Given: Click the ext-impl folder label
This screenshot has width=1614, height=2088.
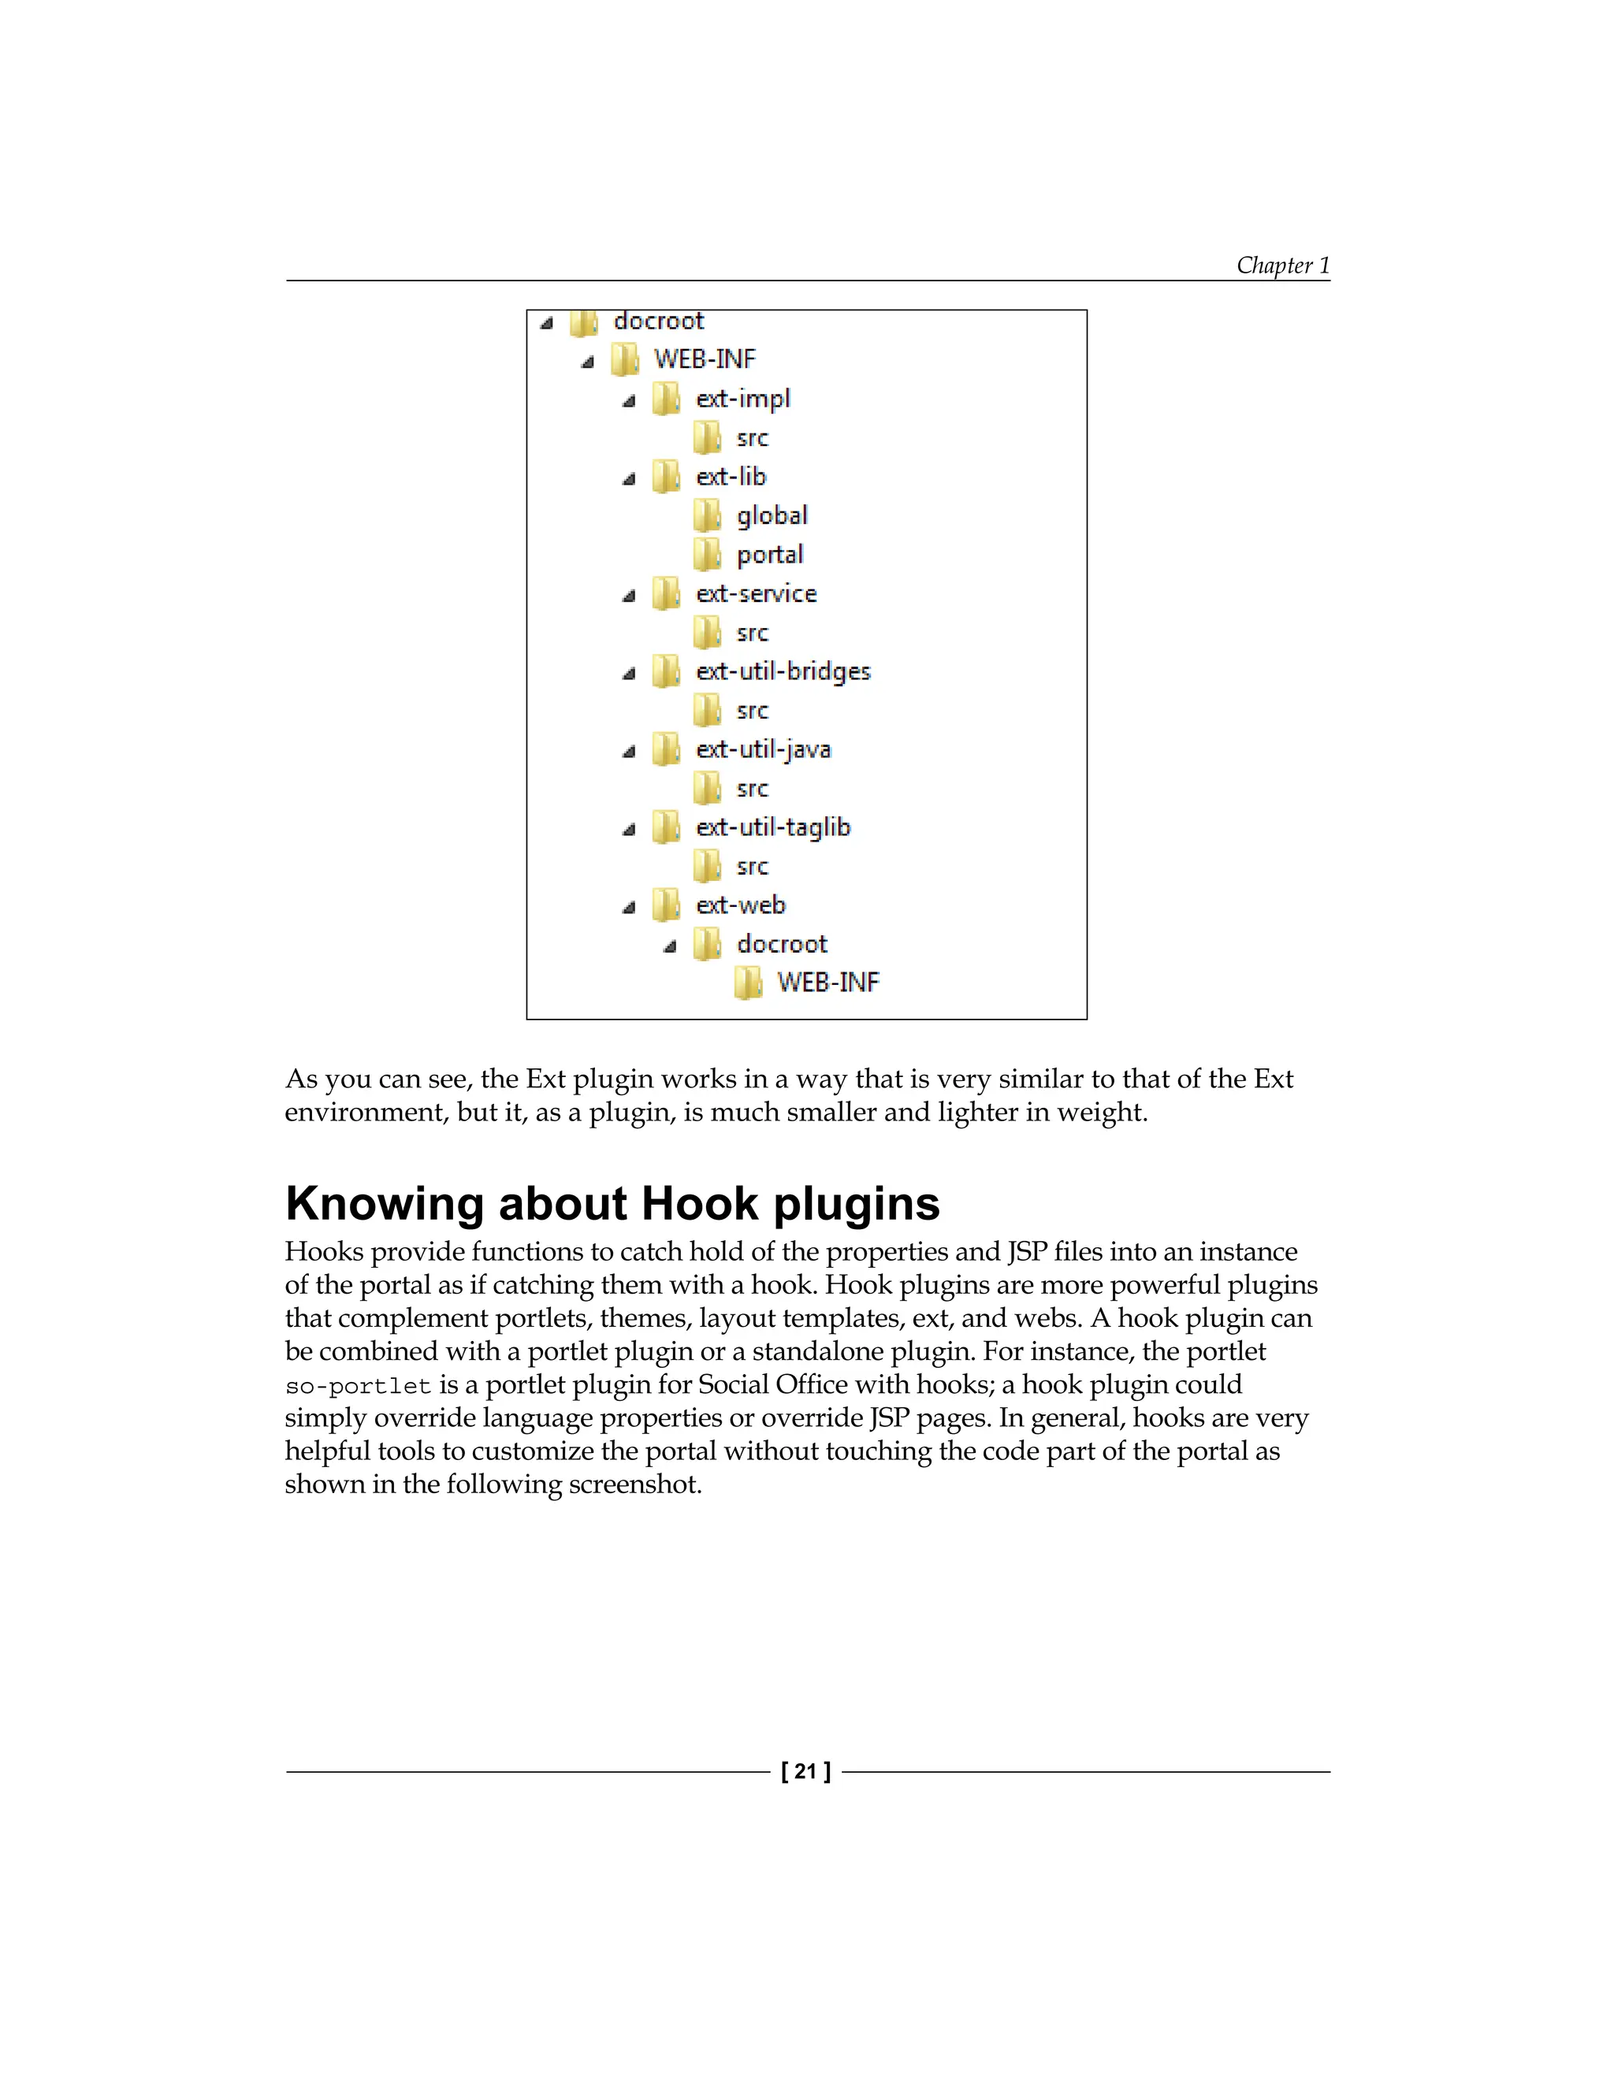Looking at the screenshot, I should point(743,399).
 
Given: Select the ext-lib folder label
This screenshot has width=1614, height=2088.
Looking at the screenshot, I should point(731,476).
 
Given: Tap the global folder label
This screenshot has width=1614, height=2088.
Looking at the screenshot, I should point(772,516).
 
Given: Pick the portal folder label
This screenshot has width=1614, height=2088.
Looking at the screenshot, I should point(770,555).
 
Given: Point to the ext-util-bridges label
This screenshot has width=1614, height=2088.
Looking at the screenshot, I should point(783,671).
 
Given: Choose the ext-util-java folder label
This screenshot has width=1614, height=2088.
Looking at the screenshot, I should point(763,749).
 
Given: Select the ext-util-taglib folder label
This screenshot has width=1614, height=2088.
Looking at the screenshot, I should point(772,827).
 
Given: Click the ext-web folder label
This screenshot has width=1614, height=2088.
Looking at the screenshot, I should point(740,905).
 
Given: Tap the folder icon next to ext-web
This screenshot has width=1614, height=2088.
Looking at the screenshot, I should point(665,905).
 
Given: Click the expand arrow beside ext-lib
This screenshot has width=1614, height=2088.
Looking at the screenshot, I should point(628,479).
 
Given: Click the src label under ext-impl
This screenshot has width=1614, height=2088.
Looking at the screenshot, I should point(752,439).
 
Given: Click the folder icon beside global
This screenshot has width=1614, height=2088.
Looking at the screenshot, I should point(707,516).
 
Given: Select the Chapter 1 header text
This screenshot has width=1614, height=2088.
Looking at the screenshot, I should point(1282,265).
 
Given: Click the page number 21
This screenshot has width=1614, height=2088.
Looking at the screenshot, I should point(806,1771).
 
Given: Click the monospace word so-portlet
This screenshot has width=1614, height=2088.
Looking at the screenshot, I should point(359,1386).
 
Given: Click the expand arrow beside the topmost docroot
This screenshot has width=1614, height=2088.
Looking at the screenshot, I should point(547,324).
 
